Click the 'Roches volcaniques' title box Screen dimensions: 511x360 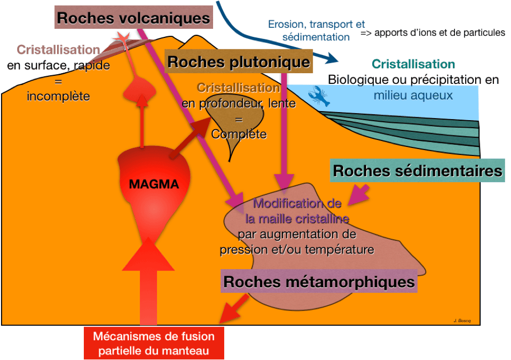click(x=134, y=17)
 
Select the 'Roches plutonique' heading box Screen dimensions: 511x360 click(x=238, y=61)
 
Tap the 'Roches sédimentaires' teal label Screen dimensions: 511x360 click(x=418, y=170)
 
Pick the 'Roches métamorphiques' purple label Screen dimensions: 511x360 click(x=319, y=281)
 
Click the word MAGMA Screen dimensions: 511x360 click(x=154, y=184)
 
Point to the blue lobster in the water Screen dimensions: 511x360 click(x=319, y=96)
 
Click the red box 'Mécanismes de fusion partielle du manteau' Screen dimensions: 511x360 click(x=154, y=343)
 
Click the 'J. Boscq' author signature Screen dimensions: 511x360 click(x=462, y=321)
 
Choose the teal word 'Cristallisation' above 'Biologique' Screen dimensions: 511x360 click(x=413, y=64)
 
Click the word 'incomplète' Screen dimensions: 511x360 click(x=59, y=96)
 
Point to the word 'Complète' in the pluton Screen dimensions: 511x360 click(x=239, y=134)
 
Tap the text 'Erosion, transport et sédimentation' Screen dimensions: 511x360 click(x=316, y=30)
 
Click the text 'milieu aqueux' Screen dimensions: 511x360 click(x=413, y=95)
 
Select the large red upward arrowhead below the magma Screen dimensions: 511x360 click(x=148, y=254)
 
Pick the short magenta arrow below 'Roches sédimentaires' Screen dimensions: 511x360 click(x=359, y=195)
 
